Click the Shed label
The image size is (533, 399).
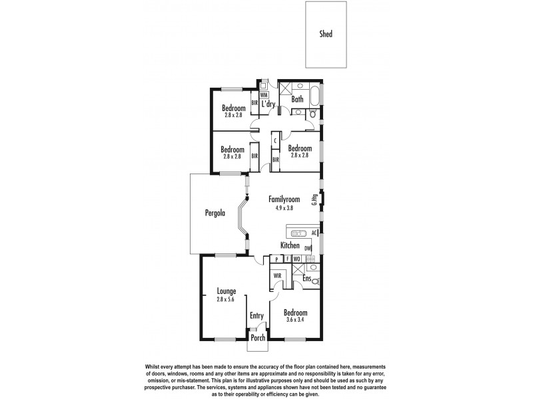coord(325,34)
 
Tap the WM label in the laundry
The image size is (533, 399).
coord(264,95)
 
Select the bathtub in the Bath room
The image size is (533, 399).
coord(308,86)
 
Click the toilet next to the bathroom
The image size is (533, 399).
coord(314,114)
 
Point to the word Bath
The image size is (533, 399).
coord(297,100)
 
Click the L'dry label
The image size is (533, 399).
coord(268,104)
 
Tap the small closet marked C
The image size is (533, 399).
coord(275,141)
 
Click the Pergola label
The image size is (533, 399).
coord(215,213)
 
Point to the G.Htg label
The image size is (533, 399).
coord(314,199)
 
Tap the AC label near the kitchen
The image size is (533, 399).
coord(314,233)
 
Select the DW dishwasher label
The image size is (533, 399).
coord(308,249)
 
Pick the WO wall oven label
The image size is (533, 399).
coord(296,259)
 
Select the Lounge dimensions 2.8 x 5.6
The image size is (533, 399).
coord(227,300)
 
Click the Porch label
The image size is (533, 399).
coord(257,338)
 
